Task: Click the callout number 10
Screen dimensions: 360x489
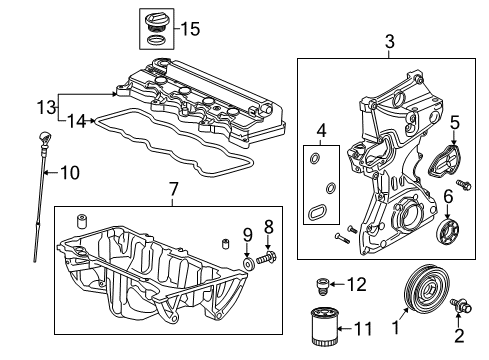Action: (69, 172)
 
